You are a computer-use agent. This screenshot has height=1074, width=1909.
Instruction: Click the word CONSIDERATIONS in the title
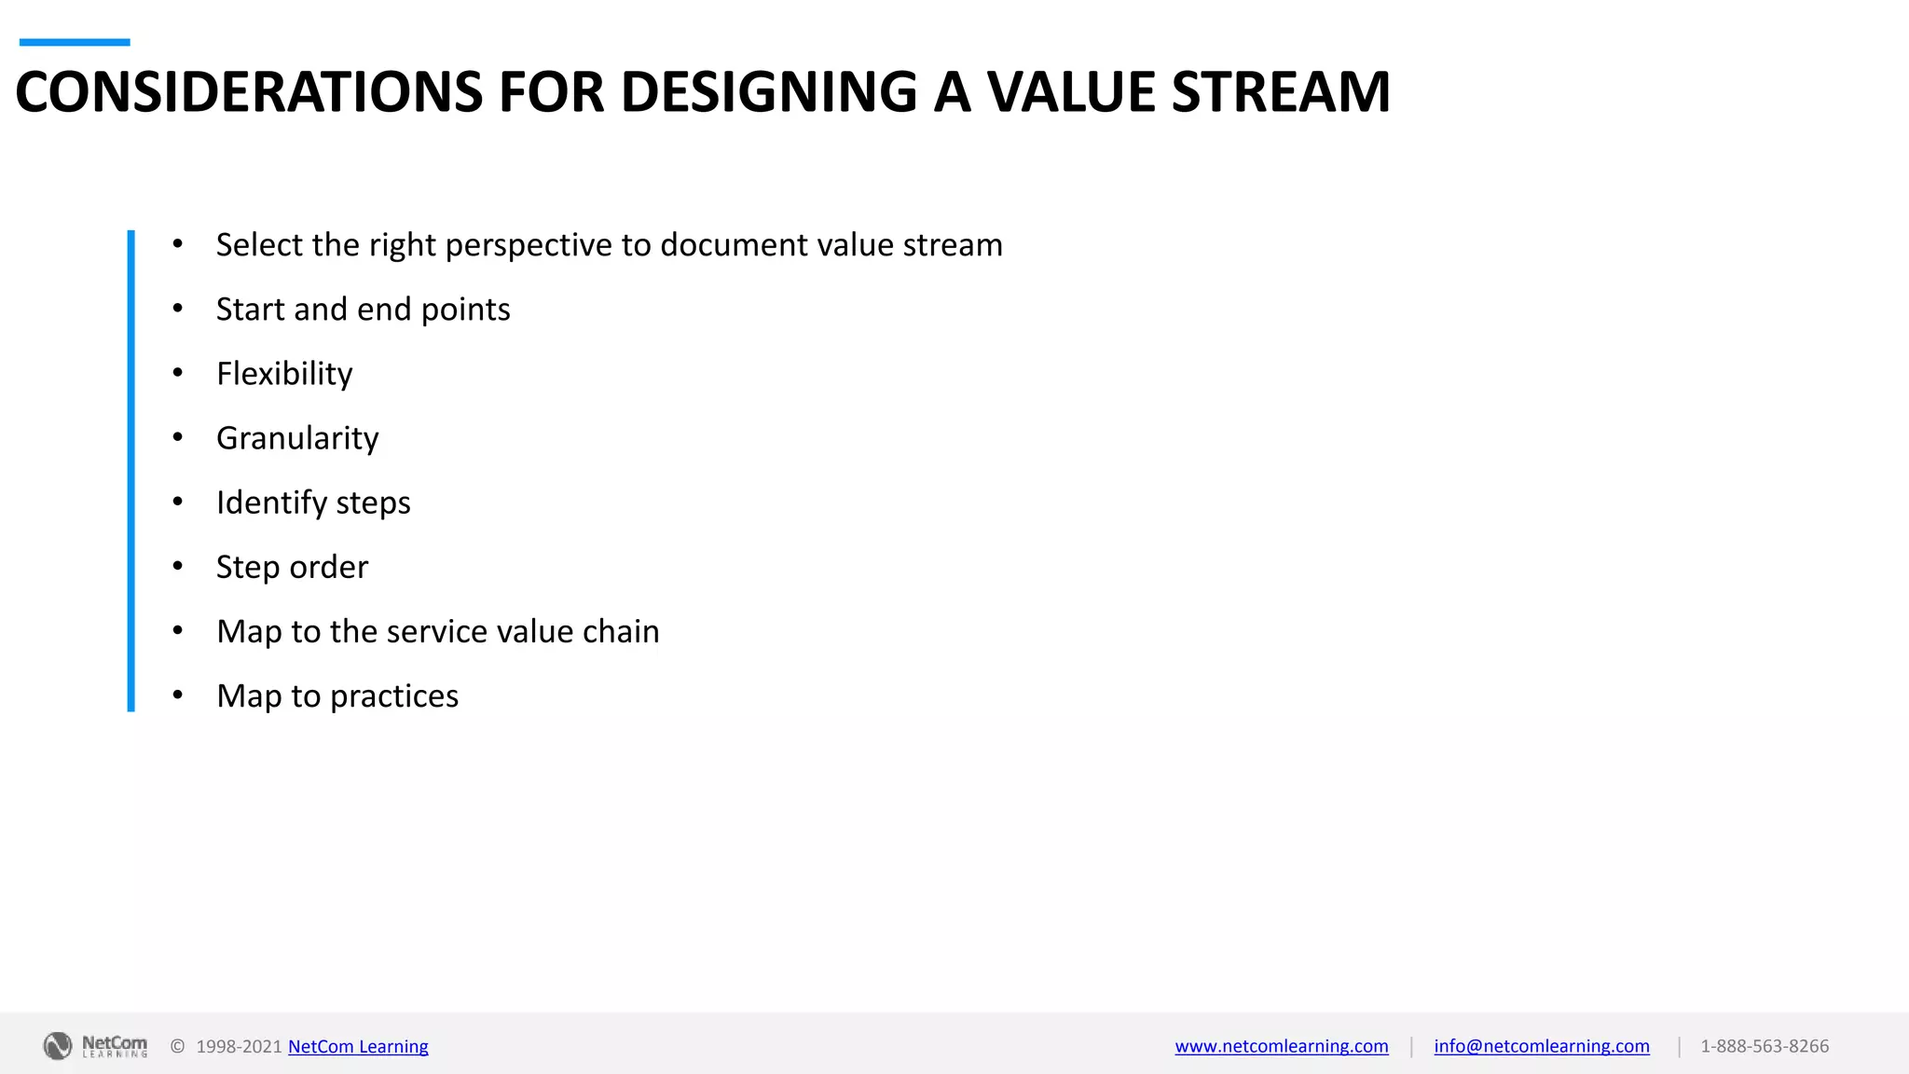coord(249,92)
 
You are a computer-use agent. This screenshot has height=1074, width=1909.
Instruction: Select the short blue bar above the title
coord(75,42)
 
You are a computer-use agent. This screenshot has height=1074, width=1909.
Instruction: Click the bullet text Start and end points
coord(363,310)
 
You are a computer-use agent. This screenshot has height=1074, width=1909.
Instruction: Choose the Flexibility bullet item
coord(284,374)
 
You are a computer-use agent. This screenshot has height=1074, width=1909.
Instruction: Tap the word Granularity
coord(297,438)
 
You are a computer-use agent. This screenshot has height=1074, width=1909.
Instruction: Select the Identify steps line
coord(313,503)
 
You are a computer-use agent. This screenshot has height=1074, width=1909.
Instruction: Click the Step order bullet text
coord(292,567)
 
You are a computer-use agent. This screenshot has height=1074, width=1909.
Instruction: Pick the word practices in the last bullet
coord(394,696)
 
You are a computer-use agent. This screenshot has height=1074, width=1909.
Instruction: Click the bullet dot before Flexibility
coord(177,373)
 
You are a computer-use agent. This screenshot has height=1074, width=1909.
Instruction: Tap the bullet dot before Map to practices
coord(177,695)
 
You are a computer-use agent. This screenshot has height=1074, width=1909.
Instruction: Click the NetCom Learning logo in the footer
coord(95,1046)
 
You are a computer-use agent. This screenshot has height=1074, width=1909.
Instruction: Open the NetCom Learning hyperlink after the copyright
coord(358,1046)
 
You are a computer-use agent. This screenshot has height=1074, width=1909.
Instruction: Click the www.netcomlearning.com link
coord(1281,1046)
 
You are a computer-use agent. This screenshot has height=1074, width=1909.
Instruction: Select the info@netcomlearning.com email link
coord(1541,1046)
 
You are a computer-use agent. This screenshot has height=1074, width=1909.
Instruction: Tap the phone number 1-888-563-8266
coord(1764,1046)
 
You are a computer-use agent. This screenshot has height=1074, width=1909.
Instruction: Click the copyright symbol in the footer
coord(177,1046)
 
